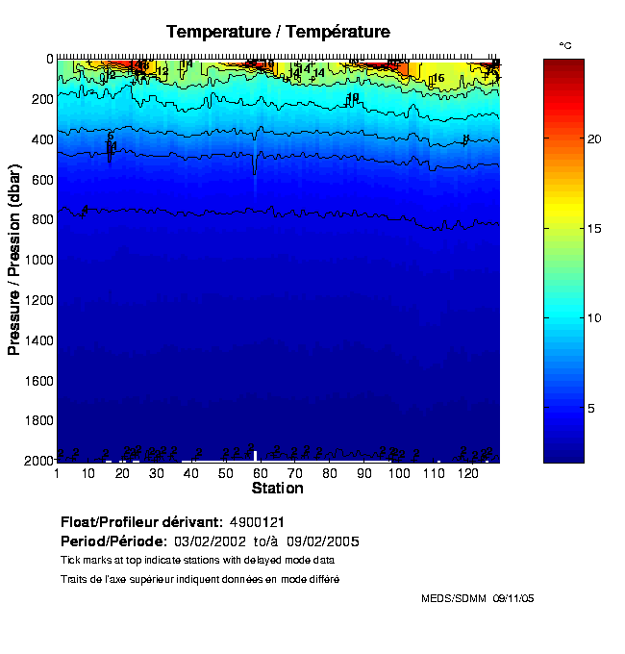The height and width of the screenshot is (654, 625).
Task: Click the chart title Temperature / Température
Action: coord(278,32)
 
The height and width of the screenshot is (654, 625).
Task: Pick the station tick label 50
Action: coord(226,473)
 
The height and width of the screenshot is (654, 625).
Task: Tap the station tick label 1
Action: coord(58,473)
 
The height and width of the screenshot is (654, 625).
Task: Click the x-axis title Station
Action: coord(278,489)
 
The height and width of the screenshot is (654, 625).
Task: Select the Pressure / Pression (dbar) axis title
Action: coord(14,260)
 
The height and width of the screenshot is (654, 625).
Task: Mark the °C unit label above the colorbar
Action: coord(565,45)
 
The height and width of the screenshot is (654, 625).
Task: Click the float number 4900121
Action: coord(255,520)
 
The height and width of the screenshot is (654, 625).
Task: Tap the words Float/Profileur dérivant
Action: coord(141,520)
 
